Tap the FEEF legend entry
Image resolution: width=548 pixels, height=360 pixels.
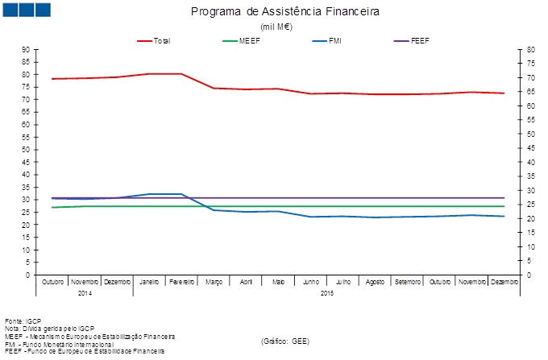[420, 40]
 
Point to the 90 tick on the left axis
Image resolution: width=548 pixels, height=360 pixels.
[27, 50]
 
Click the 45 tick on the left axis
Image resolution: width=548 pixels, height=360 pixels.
[27, 162]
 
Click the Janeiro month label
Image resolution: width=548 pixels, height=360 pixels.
[149, 282]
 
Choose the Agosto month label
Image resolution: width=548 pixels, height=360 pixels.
[375, 282]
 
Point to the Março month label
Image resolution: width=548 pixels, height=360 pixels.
[214, 282]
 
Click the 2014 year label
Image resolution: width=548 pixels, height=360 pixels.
[85, 293]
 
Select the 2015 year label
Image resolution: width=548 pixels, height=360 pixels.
[326, 293]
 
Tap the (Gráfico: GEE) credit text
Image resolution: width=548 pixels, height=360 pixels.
[284, 341]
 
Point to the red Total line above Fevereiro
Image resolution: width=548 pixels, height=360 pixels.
[181, 74]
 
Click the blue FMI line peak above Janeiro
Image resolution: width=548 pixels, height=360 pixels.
[149, 194]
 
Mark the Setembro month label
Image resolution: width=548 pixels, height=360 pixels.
[407, 282]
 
